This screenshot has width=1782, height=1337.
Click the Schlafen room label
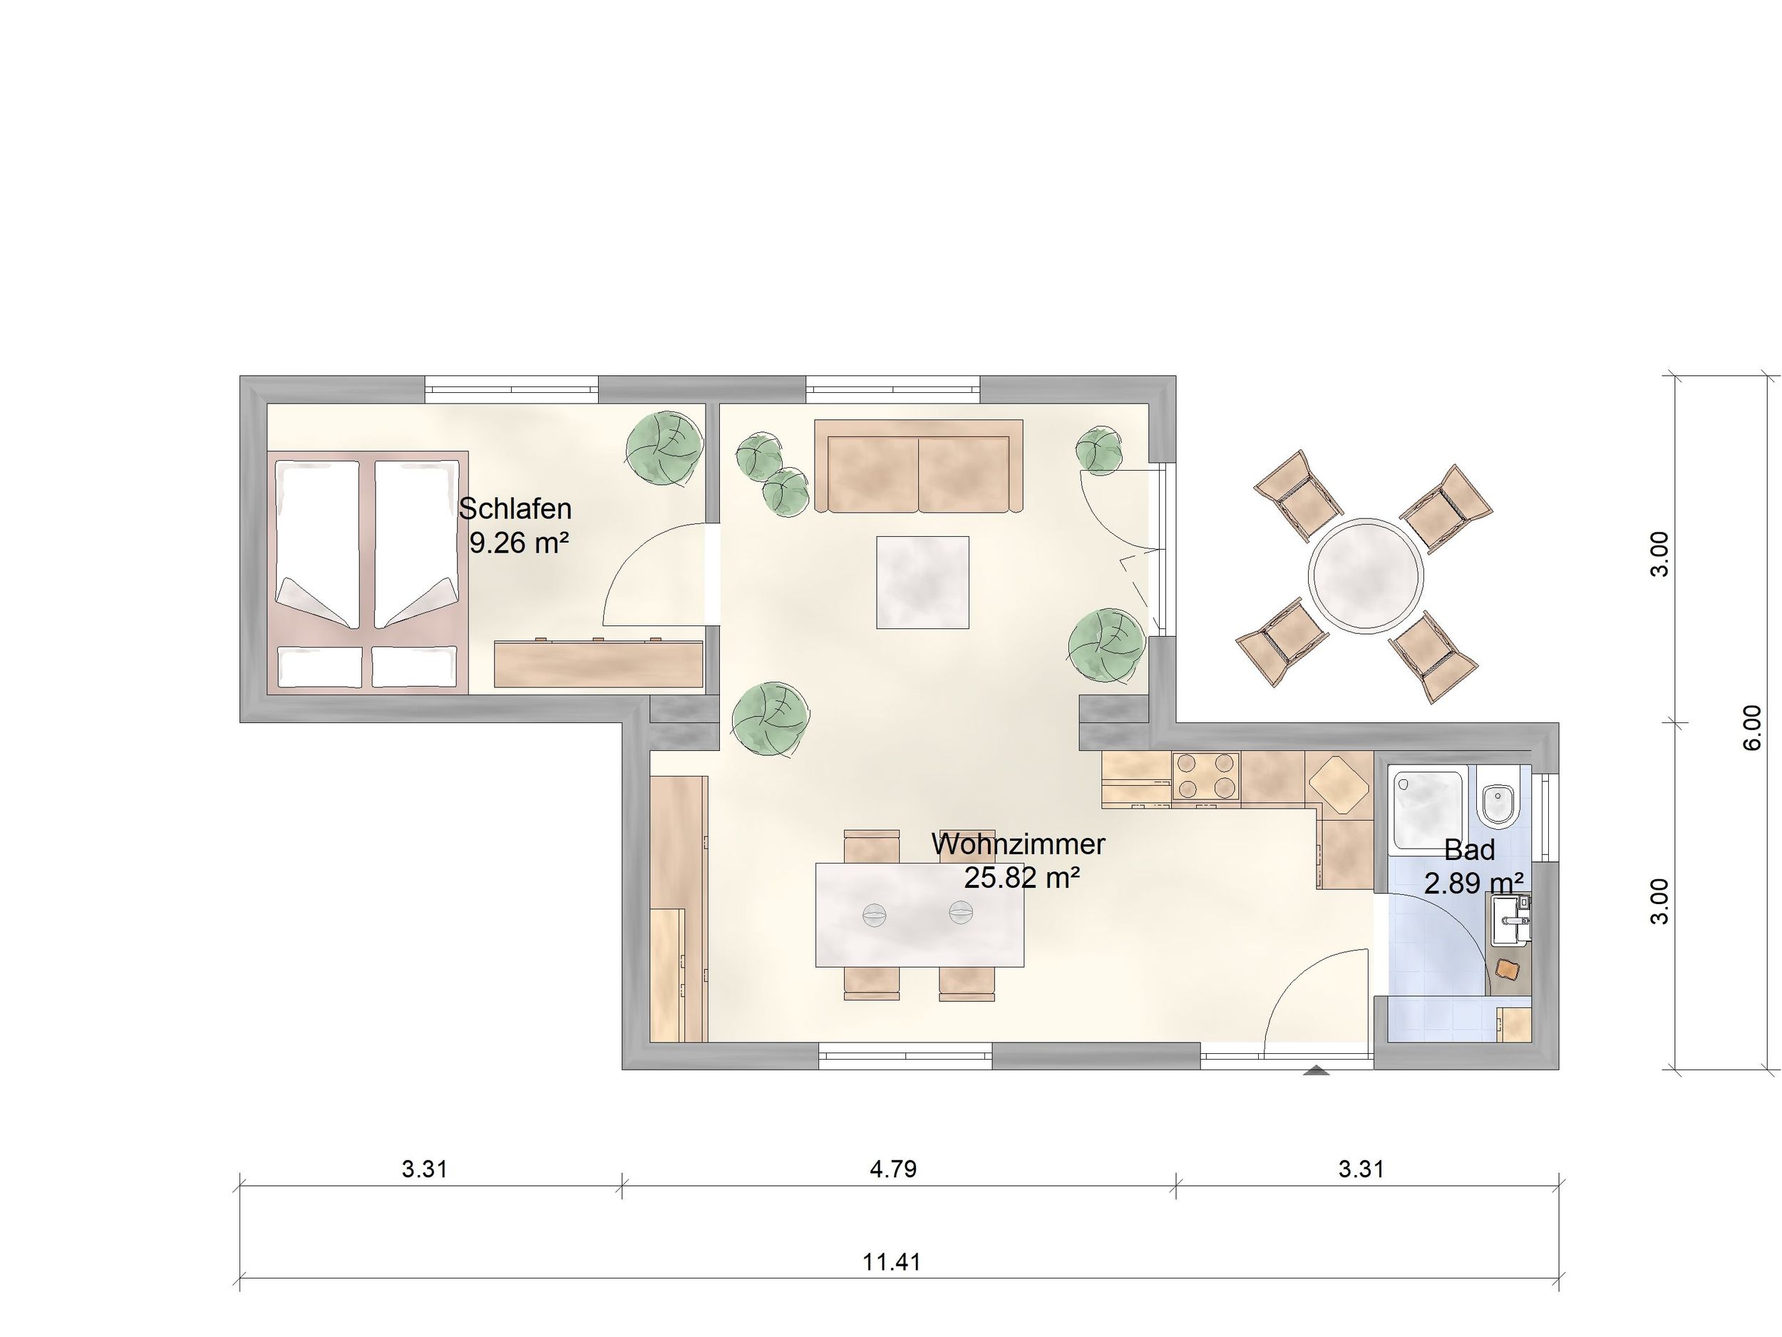515,508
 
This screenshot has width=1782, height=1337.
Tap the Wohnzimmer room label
1019,844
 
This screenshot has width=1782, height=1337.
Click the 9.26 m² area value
519,543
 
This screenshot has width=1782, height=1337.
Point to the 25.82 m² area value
1021,878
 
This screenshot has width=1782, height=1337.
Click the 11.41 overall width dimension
892,1261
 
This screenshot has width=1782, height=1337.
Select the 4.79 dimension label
893,1169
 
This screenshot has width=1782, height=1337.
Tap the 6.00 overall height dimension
1752,728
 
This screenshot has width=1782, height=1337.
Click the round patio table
1366,574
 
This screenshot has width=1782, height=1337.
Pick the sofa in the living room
918,466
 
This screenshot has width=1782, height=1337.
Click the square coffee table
922,582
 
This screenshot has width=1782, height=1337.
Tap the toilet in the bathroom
1498,796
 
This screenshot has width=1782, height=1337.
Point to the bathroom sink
1509,921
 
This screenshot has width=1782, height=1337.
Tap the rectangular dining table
920,915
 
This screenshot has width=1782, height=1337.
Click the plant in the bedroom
664,449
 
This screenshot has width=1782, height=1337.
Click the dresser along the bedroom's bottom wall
599,664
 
